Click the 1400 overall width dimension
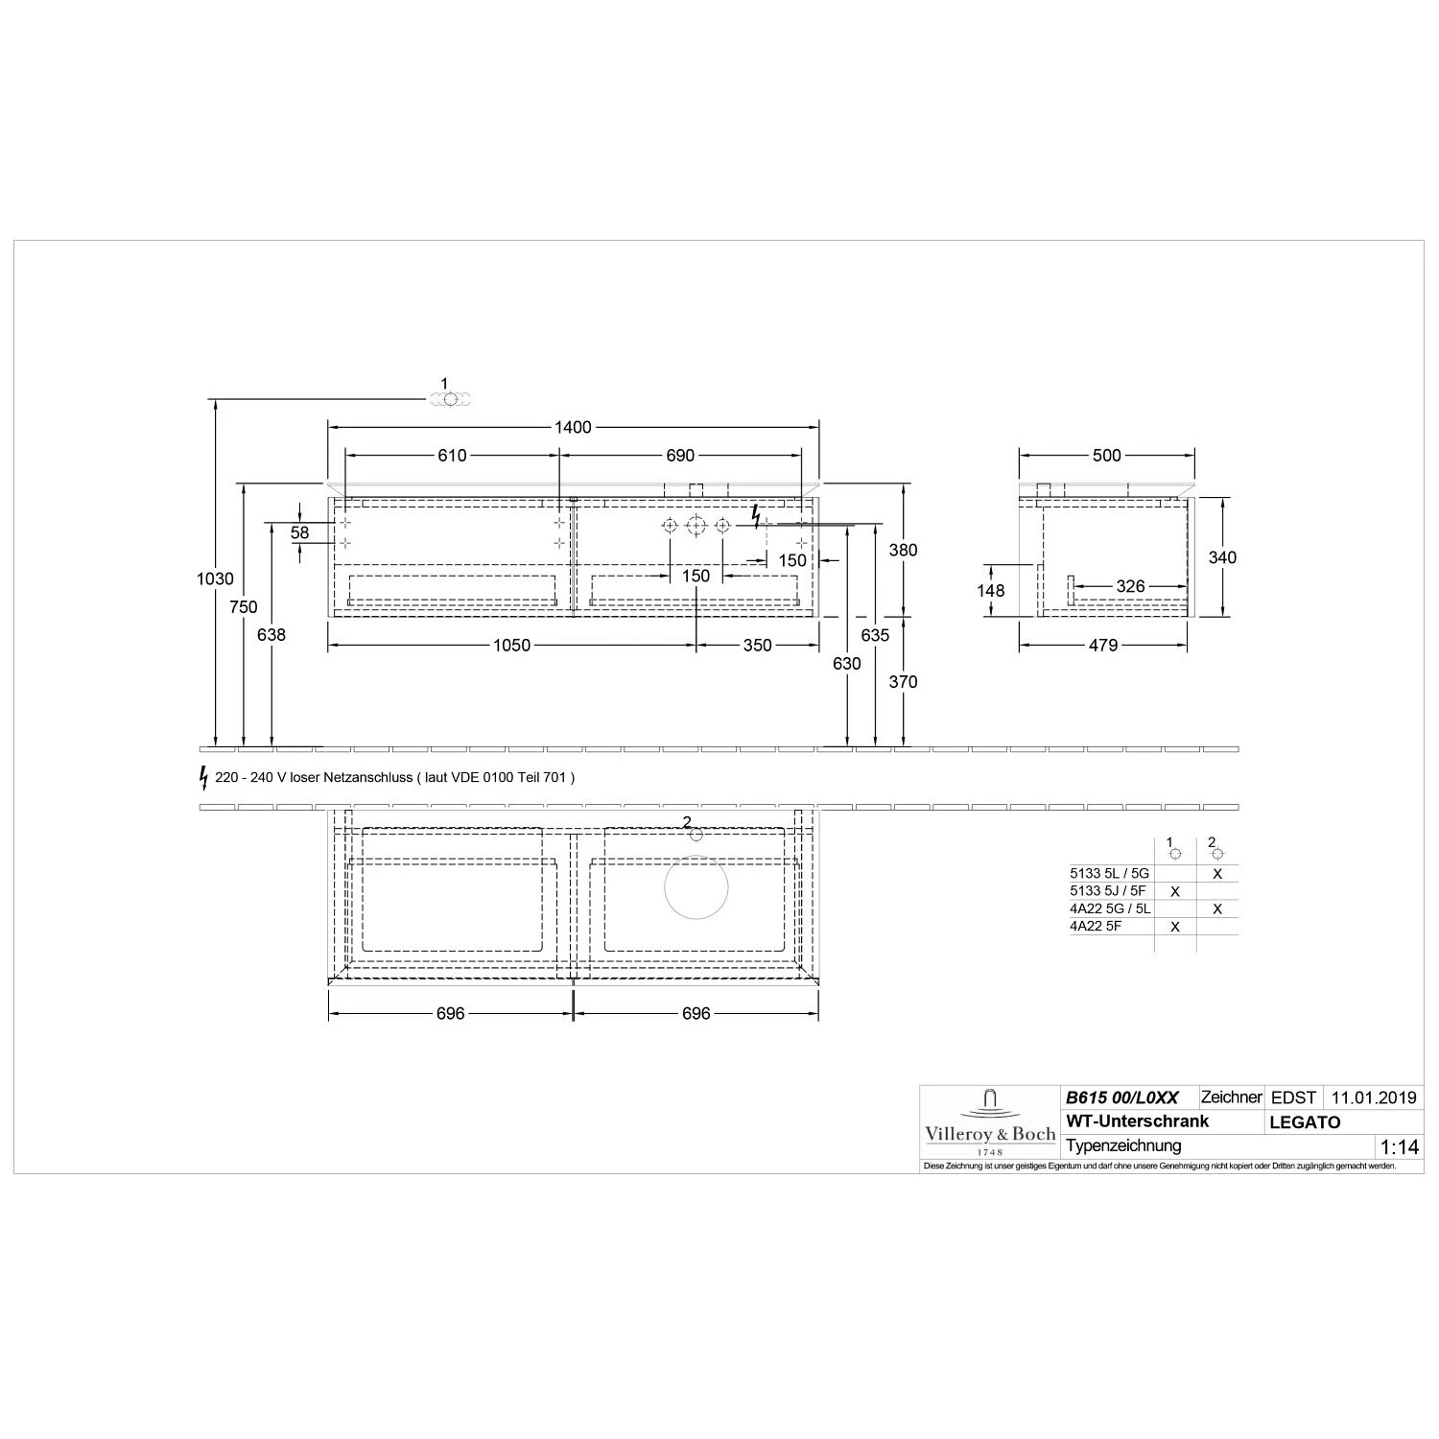[x=573, y=427]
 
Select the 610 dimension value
[x=452, y=456]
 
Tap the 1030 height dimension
[x=215, y=578]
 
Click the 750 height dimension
[x=244, y=606]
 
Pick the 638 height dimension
[x=272, y=634]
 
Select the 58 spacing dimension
[x=300, y=532]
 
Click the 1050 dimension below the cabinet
[x=511, y=646]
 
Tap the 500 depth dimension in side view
[x=1107, y=456]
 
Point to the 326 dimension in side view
[x=1131, y=586]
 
